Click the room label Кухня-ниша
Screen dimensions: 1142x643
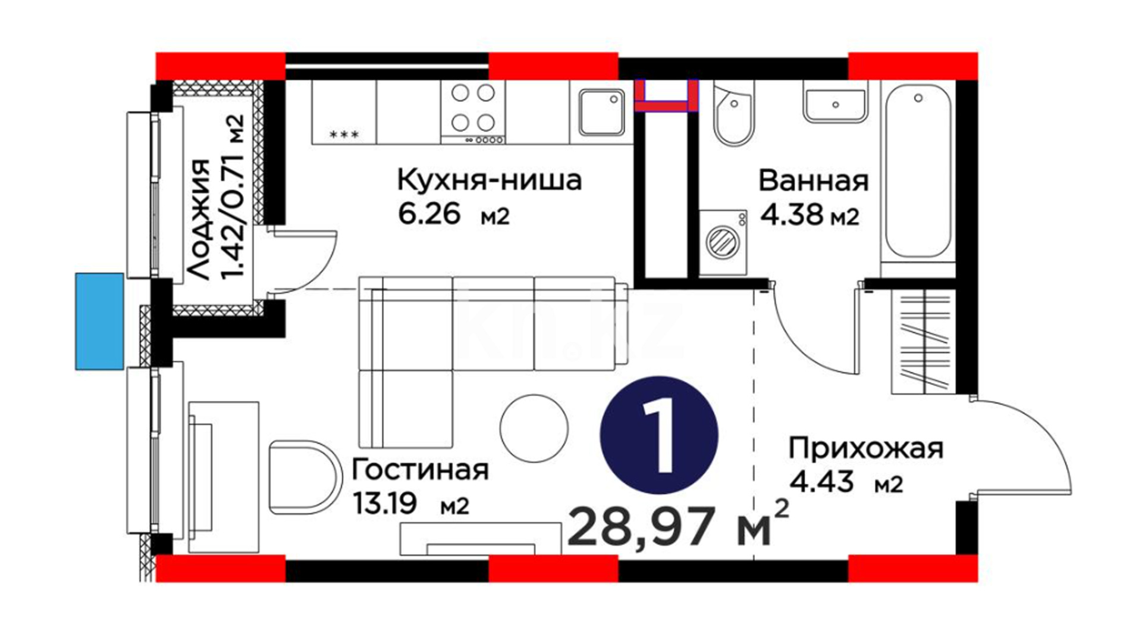click(489, 180)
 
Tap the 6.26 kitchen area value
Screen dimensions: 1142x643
click(429, 214)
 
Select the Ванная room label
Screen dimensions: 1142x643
click(813, 180)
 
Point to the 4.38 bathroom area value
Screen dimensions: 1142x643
click(793, 214)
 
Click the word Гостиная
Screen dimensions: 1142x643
click(420, 470)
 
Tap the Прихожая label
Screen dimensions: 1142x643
click(866, 448)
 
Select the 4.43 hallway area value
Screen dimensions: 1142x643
click(821, 481)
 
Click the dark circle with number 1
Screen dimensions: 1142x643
click(659, 435)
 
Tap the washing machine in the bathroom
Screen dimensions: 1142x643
click(723, 242)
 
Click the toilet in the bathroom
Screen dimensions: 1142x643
click(734, 114)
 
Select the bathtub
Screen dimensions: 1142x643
click(918, 171)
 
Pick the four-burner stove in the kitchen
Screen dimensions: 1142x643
click(473, 112)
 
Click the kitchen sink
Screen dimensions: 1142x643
click(601, 113)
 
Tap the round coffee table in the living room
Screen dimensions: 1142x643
click(534, 428)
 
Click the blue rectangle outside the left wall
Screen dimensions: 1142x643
click(99, 321)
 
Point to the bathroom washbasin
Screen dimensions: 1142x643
click(834, 105)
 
